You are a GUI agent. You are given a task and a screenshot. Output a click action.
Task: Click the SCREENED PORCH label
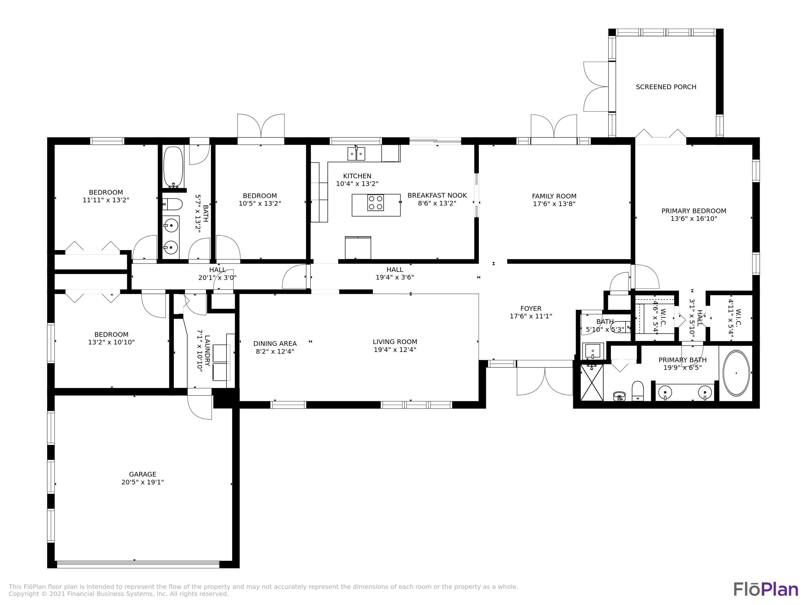point(666,87)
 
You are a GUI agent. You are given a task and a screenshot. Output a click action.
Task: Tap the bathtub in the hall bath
point(173,167)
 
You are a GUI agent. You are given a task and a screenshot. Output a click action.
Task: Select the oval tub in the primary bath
point(736,373)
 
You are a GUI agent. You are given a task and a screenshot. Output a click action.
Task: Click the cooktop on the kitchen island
point(376,203)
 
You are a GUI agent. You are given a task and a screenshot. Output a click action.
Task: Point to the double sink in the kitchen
point(356,154)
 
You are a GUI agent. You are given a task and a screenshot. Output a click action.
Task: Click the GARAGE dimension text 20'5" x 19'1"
point(142,482)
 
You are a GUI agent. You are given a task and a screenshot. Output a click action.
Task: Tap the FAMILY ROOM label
point(554,196)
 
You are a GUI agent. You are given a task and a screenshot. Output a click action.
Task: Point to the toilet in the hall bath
point(172,204)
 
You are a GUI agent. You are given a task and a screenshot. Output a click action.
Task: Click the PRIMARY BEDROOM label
point(693,211)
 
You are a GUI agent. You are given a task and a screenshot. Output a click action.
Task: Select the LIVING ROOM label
point(395,342)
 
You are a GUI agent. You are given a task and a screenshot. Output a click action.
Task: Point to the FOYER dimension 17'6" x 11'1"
point(530,316)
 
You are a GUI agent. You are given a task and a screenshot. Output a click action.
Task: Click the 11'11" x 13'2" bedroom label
point(106,200)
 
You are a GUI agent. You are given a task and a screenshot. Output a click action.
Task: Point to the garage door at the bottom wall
point(138,564)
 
